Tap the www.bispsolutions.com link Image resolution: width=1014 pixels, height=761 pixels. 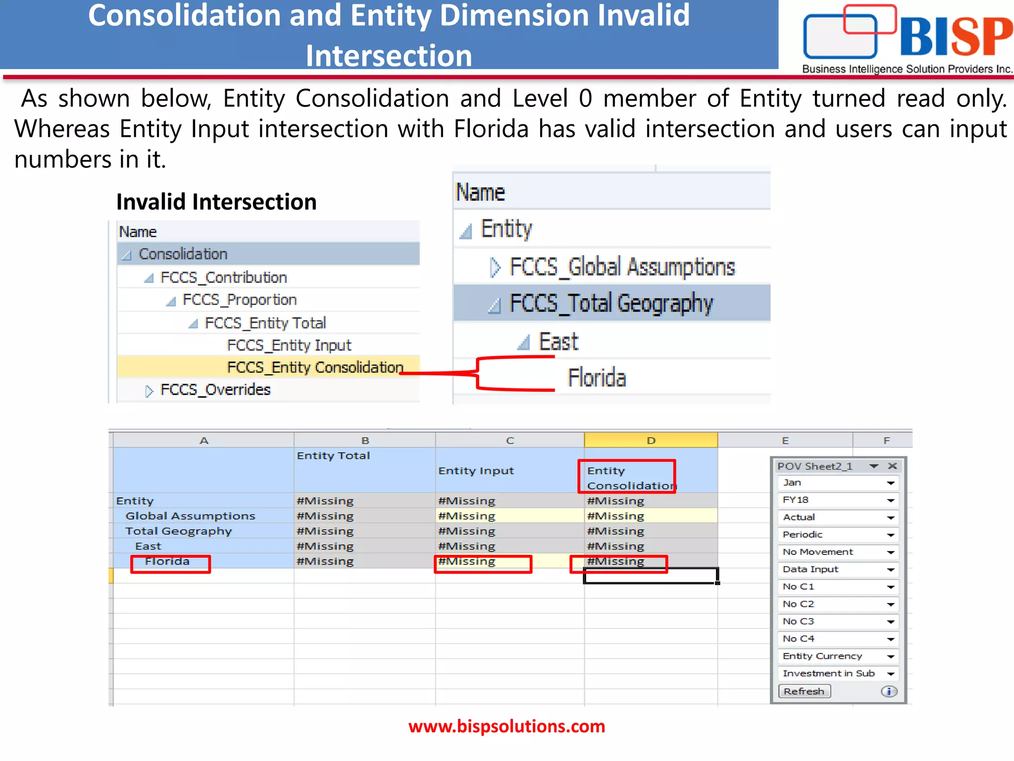(507, 726)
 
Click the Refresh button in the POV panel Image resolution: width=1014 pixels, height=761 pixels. (804, 691)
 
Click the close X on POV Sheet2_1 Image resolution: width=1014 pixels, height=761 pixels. (892, 466)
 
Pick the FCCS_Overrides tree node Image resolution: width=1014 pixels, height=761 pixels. (215, 390)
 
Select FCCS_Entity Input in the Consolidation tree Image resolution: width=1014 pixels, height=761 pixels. (289, 345)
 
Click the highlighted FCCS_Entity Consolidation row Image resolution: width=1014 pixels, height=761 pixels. (315, 367)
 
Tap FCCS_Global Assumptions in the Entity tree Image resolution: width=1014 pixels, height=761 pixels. (622, 267)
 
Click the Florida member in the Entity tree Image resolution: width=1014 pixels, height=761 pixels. (597, 378)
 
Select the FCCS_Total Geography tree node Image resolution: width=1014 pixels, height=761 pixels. (611, 303)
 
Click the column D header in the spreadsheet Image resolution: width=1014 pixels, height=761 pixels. (651, 440)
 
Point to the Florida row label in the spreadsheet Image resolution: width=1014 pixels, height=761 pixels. (167, 561)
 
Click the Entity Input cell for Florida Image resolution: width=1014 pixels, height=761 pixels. (483, 562)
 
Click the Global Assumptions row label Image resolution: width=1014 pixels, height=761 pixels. (190, 516)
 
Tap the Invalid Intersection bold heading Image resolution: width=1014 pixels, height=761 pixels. (216, 202)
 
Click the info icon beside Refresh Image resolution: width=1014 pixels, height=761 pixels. (889, 691)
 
